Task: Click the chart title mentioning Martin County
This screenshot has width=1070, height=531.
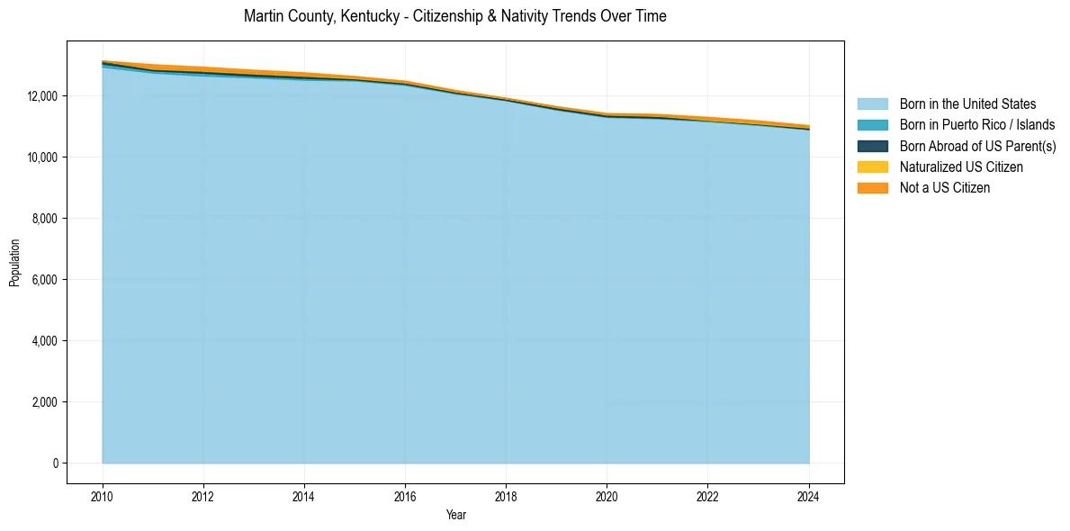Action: tap(454, 16)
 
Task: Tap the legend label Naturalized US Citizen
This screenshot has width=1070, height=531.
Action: tap(961, 166)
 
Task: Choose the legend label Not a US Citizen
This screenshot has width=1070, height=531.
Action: tap(945, 188)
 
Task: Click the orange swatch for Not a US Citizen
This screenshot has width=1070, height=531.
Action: tap(872, 188)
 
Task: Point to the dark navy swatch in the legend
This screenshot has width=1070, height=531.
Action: tap(872, 146)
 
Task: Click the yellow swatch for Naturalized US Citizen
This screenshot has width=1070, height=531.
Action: tap(872, 166)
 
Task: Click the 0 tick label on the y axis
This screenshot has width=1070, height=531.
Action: tap(55, 463)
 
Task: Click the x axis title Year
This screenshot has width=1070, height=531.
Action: tap(455, 515)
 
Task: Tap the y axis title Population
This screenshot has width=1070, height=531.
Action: tap(14, 262)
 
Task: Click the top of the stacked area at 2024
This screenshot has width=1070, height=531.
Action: tap(809, 126)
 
